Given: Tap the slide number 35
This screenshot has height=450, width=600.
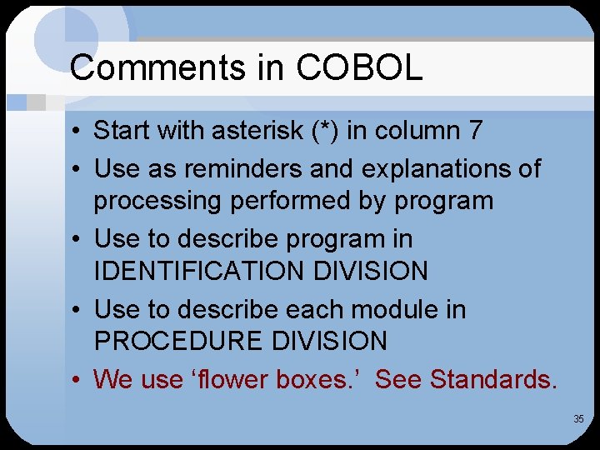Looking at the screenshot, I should pyautogui.click(x=578, y=418).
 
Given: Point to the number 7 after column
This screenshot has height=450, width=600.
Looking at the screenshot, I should pyautogui.click(x=475, y=130).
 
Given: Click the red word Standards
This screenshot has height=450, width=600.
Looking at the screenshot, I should pyautogui.click(x=493, y=379).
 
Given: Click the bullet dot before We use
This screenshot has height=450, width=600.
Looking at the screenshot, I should pyautogui.click(x=76, y=381).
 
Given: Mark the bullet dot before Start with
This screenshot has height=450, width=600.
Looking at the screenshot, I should pyautogui.click(x=76, y=132).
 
